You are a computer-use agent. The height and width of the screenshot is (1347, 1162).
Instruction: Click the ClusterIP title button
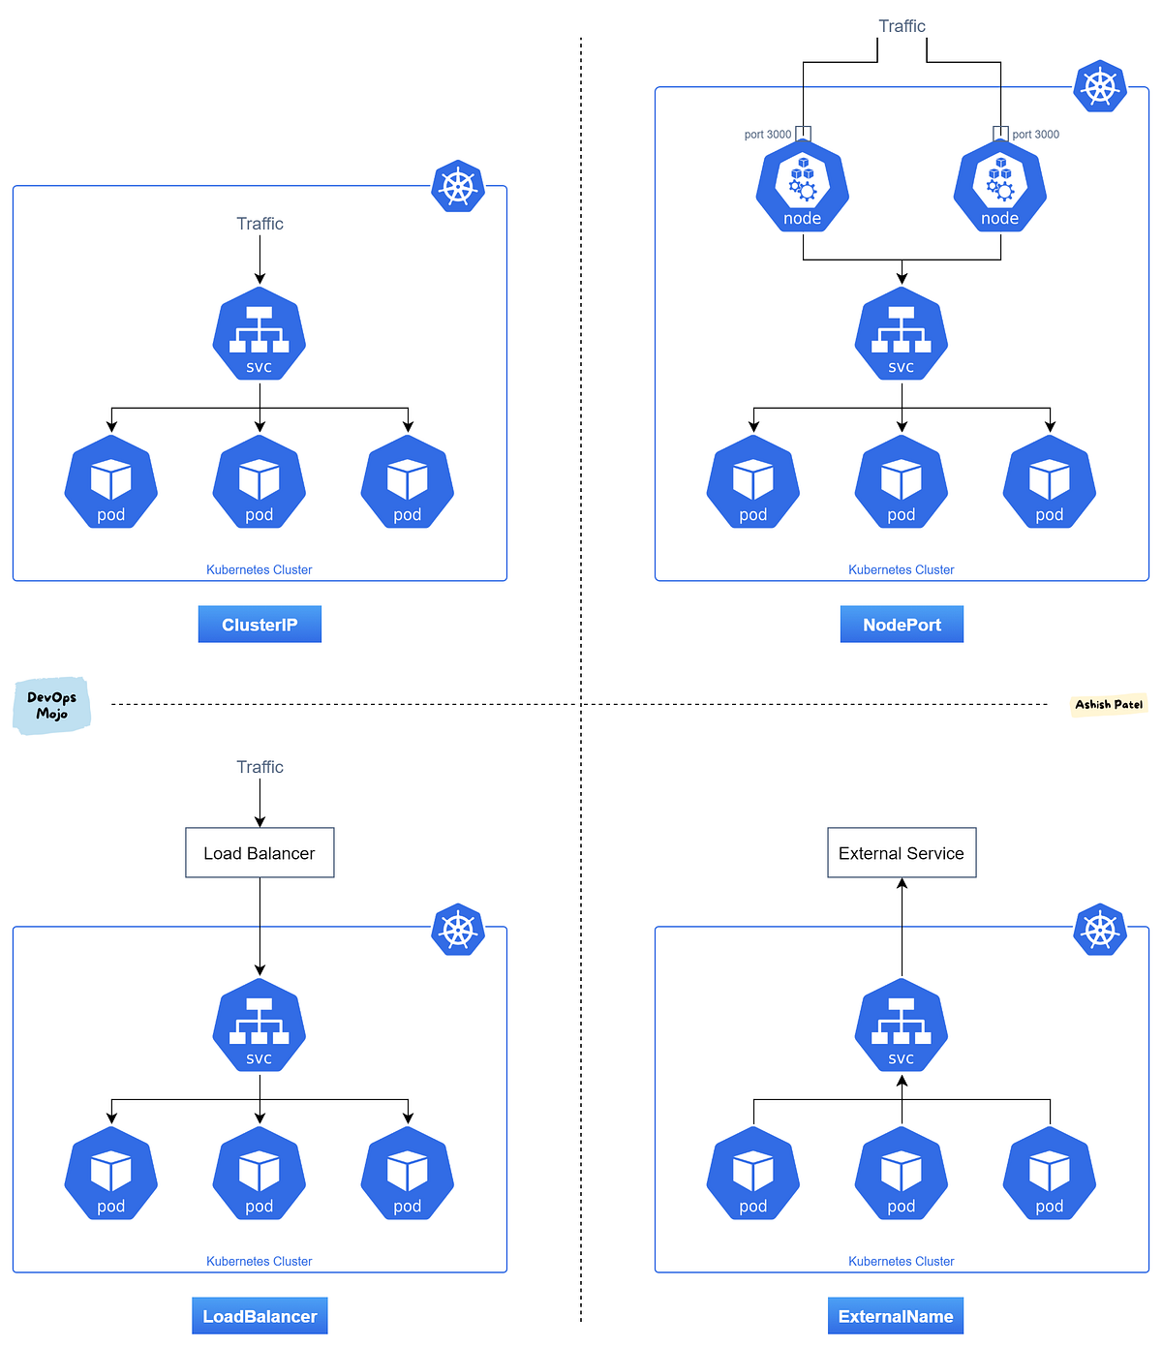pos(260,625)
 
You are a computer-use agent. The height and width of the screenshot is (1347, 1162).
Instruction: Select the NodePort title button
pos(902,625)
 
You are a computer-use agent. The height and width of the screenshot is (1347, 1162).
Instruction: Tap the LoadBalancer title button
pos(260,1316)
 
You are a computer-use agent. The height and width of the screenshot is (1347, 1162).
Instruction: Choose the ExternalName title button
pos(896,1316)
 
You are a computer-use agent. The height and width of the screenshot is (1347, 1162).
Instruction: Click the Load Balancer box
pos(260,853)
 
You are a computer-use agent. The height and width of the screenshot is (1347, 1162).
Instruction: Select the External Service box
pos(902,853)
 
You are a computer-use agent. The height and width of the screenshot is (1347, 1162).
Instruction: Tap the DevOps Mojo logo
pos(52,705)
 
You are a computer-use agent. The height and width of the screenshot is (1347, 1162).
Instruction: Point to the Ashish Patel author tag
pos(1109,704)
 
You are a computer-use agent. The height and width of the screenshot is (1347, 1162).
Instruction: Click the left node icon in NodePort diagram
pos(803,187)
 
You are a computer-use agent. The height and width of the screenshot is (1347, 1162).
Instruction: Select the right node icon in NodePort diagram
pos(1000,187)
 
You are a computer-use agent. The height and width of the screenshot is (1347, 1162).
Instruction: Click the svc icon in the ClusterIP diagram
pos(260,334)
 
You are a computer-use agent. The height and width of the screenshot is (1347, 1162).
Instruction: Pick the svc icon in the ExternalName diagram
pos(902,1026)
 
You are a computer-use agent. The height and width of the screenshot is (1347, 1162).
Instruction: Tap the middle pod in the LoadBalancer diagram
pos(260,1173)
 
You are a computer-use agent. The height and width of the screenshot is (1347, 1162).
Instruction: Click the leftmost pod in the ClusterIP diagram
pos(111,481)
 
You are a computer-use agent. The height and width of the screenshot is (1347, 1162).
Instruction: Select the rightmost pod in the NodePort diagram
pos(1050,481)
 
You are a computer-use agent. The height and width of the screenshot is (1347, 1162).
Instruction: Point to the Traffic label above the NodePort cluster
pos(902,26)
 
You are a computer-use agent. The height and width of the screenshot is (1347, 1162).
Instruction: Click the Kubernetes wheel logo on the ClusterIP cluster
pos(458,186)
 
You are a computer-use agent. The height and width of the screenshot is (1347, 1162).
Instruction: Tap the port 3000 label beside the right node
pos(1035,135)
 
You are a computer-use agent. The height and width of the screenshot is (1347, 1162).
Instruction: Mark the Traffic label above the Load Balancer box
pos(260,767)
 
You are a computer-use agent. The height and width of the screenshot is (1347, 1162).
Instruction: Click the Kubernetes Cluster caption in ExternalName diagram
pos(901,1261)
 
